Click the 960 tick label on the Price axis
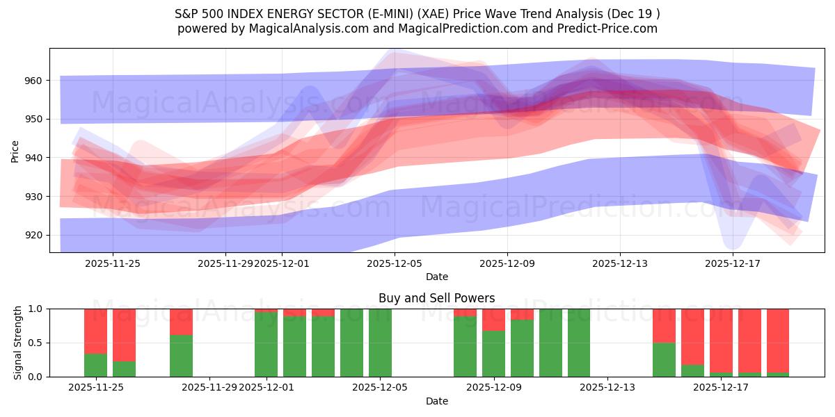[32, 81]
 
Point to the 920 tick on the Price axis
[32, 236]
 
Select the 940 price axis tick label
[32, 158]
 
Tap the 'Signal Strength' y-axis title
[18, 343]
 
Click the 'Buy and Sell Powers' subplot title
[436, 298]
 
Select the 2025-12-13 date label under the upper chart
[620, 263]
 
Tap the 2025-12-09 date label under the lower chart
[493, 387]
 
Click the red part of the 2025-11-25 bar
[95, 331]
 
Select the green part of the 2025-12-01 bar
[266, 344]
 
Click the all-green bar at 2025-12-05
[380, 343]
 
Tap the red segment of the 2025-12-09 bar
[493, 319]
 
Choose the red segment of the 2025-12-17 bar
[721, 341]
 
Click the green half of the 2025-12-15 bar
[664, 359]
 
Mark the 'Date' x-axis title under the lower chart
[436, 401]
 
